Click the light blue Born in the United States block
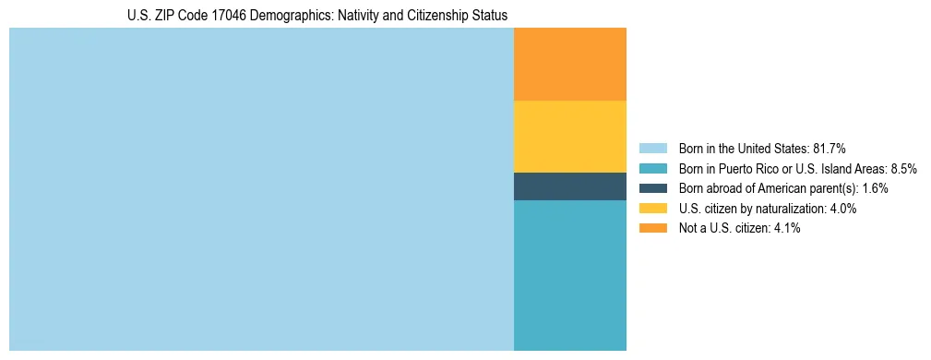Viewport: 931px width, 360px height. click(261, 189)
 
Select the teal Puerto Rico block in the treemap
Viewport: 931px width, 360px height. click(569, 275)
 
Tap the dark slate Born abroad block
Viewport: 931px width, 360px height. click(569, 186)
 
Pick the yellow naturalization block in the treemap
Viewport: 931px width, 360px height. click(569, 137)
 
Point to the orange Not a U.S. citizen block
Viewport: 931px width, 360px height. click(569, 65)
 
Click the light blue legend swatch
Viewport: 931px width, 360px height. click(652, 149)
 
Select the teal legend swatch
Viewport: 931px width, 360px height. click(652, 169)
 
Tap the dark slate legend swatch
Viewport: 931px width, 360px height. click(652, 188)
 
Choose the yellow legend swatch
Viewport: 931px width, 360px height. click(652, 209)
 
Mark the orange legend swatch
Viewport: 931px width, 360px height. click(652, 228)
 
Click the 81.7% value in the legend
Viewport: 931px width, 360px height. click(830, 149)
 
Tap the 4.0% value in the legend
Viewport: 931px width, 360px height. click(841, 209)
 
